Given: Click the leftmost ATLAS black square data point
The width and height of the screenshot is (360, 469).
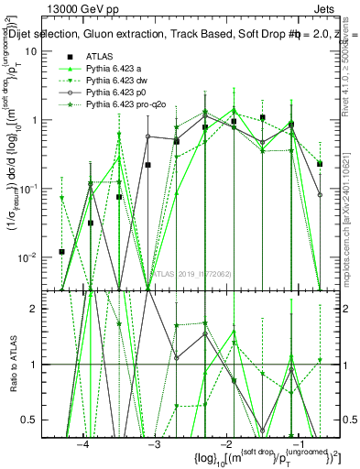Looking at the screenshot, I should tap(61, 251).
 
